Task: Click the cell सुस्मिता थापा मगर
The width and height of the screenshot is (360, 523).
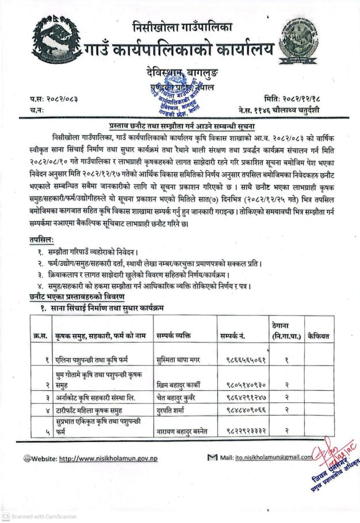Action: click(177, 360)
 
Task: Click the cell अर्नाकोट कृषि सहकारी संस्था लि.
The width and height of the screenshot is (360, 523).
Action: click(95, 397)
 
